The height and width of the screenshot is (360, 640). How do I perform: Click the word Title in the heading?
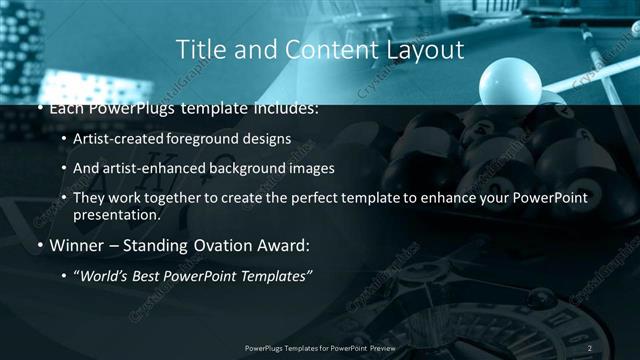click(199, 49)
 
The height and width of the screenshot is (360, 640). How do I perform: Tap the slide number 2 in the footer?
click(589, 347)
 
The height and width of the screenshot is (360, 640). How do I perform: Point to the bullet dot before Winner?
click(39, 245)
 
